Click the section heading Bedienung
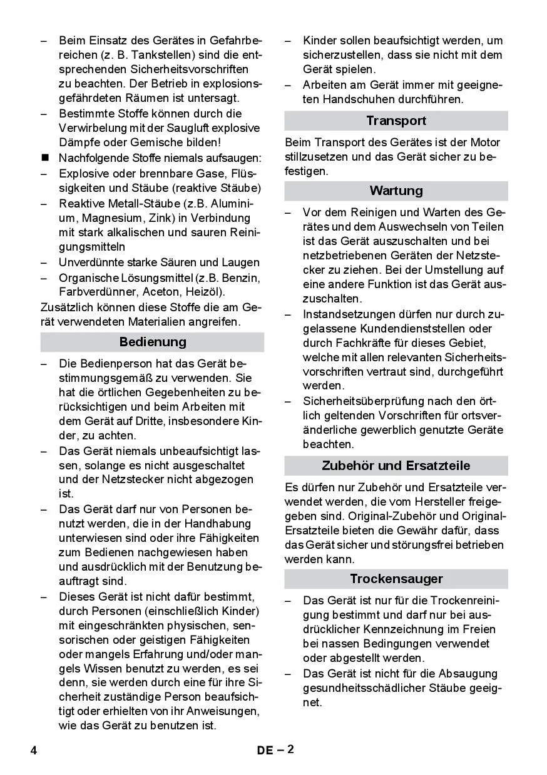point(152,342)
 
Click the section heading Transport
point(396,121)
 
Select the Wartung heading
point(396,191)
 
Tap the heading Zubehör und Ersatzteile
point(396,466)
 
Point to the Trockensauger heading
point(396,579)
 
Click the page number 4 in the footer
point(34,750)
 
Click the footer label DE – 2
point(275,750)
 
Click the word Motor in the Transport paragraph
point(485,142)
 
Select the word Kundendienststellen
point(414,329)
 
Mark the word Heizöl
point(208,292)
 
